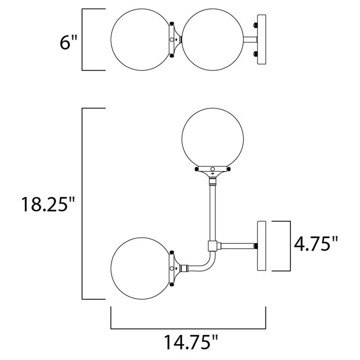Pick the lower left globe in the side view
140,267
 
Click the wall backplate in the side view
262,245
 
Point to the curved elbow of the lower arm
205,265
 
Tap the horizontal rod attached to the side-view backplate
236,245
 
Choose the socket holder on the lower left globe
173,267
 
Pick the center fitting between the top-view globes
175,39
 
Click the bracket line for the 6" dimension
82,39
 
